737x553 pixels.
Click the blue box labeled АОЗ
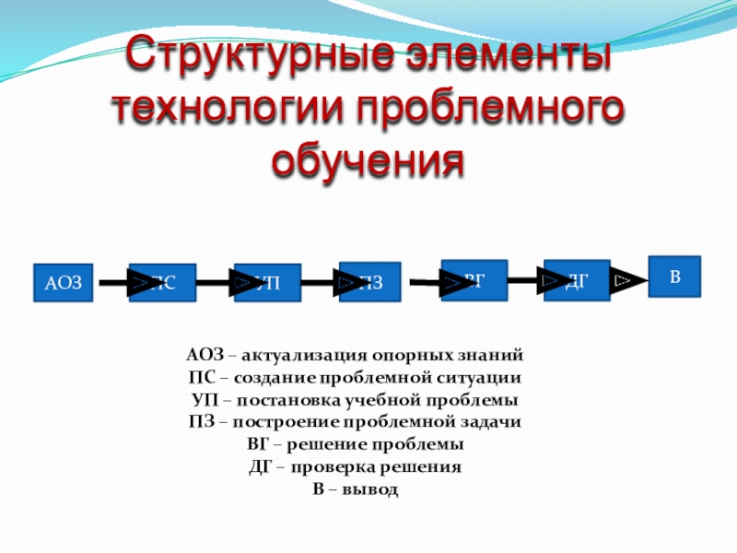pyautogui.click(x=64, y=283)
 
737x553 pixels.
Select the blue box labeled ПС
pyautogui.click(x=163, y=283)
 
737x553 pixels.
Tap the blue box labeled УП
pyautogui.click(x=268, y=283)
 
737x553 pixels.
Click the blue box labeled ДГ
pyautogui.click(x=577, y=279)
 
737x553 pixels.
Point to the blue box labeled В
pyautogui.click(x=674, y=276)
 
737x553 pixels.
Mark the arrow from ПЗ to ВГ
pyautogui.click(x=429, y=283)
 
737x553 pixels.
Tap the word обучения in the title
pyautogui.click(x=368, y=162)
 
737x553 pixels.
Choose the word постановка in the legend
pyautogui.click(x=279, y=400)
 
